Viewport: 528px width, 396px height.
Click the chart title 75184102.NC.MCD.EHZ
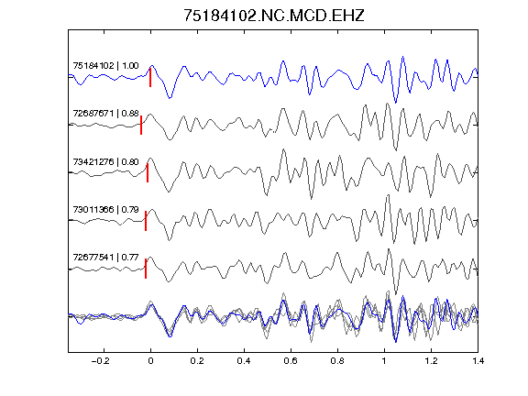pyautogui.click(x=274, y=16)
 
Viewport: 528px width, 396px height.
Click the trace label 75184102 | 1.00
pyautogui.click(x=105, y=66)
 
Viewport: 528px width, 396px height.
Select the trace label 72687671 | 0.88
pyautogui.click(x=105, y=114)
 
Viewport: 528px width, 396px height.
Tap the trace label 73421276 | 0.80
pyautogui.click(x=105, y=162)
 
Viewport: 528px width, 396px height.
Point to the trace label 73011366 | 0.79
pyautogui.click(x=105, y=210)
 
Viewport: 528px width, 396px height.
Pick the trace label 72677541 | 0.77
pyautogui.click(x=105, y=258)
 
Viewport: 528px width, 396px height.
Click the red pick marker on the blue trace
pyautogui.click(x=150, y=77)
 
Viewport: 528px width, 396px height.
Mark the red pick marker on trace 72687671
pyautogui.click(x=141, y=126)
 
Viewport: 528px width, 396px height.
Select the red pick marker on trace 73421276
pyautogui.click(x=148, y=173)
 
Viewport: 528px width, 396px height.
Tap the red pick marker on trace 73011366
pyautogui.click(x=146, y=221)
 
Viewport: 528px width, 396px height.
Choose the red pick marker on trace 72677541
pyautogui.click(x=146, y=269)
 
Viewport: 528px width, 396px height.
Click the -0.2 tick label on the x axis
pyautogui.click(x=101, y=361)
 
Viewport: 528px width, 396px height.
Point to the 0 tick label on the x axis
pyautogui.click(x=150, y=361)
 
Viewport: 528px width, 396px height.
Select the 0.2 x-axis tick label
pyautogui.click(x=197, y=361)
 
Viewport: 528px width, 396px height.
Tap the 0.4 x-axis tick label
pyautogui.click(x=244, y=361)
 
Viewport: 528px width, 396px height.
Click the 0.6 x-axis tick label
pyautogui.click(x=291, y=361)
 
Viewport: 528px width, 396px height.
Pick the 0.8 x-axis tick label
pyautogui.click(x=337, y=361)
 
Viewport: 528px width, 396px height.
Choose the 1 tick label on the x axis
pyautogui.click(x=384, y=361)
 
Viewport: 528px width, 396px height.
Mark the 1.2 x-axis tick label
pyautogui.click(x=431, y=361)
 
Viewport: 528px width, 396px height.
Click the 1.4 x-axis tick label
pyautogui.click(x=478, y=361)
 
